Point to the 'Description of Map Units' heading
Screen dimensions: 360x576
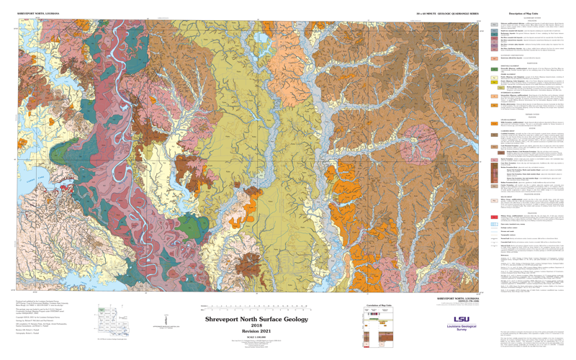point(525,13)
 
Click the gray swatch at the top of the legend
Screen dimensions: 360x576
point(494,24)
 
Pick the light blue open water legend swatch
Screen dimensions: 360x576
point(494,224)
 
